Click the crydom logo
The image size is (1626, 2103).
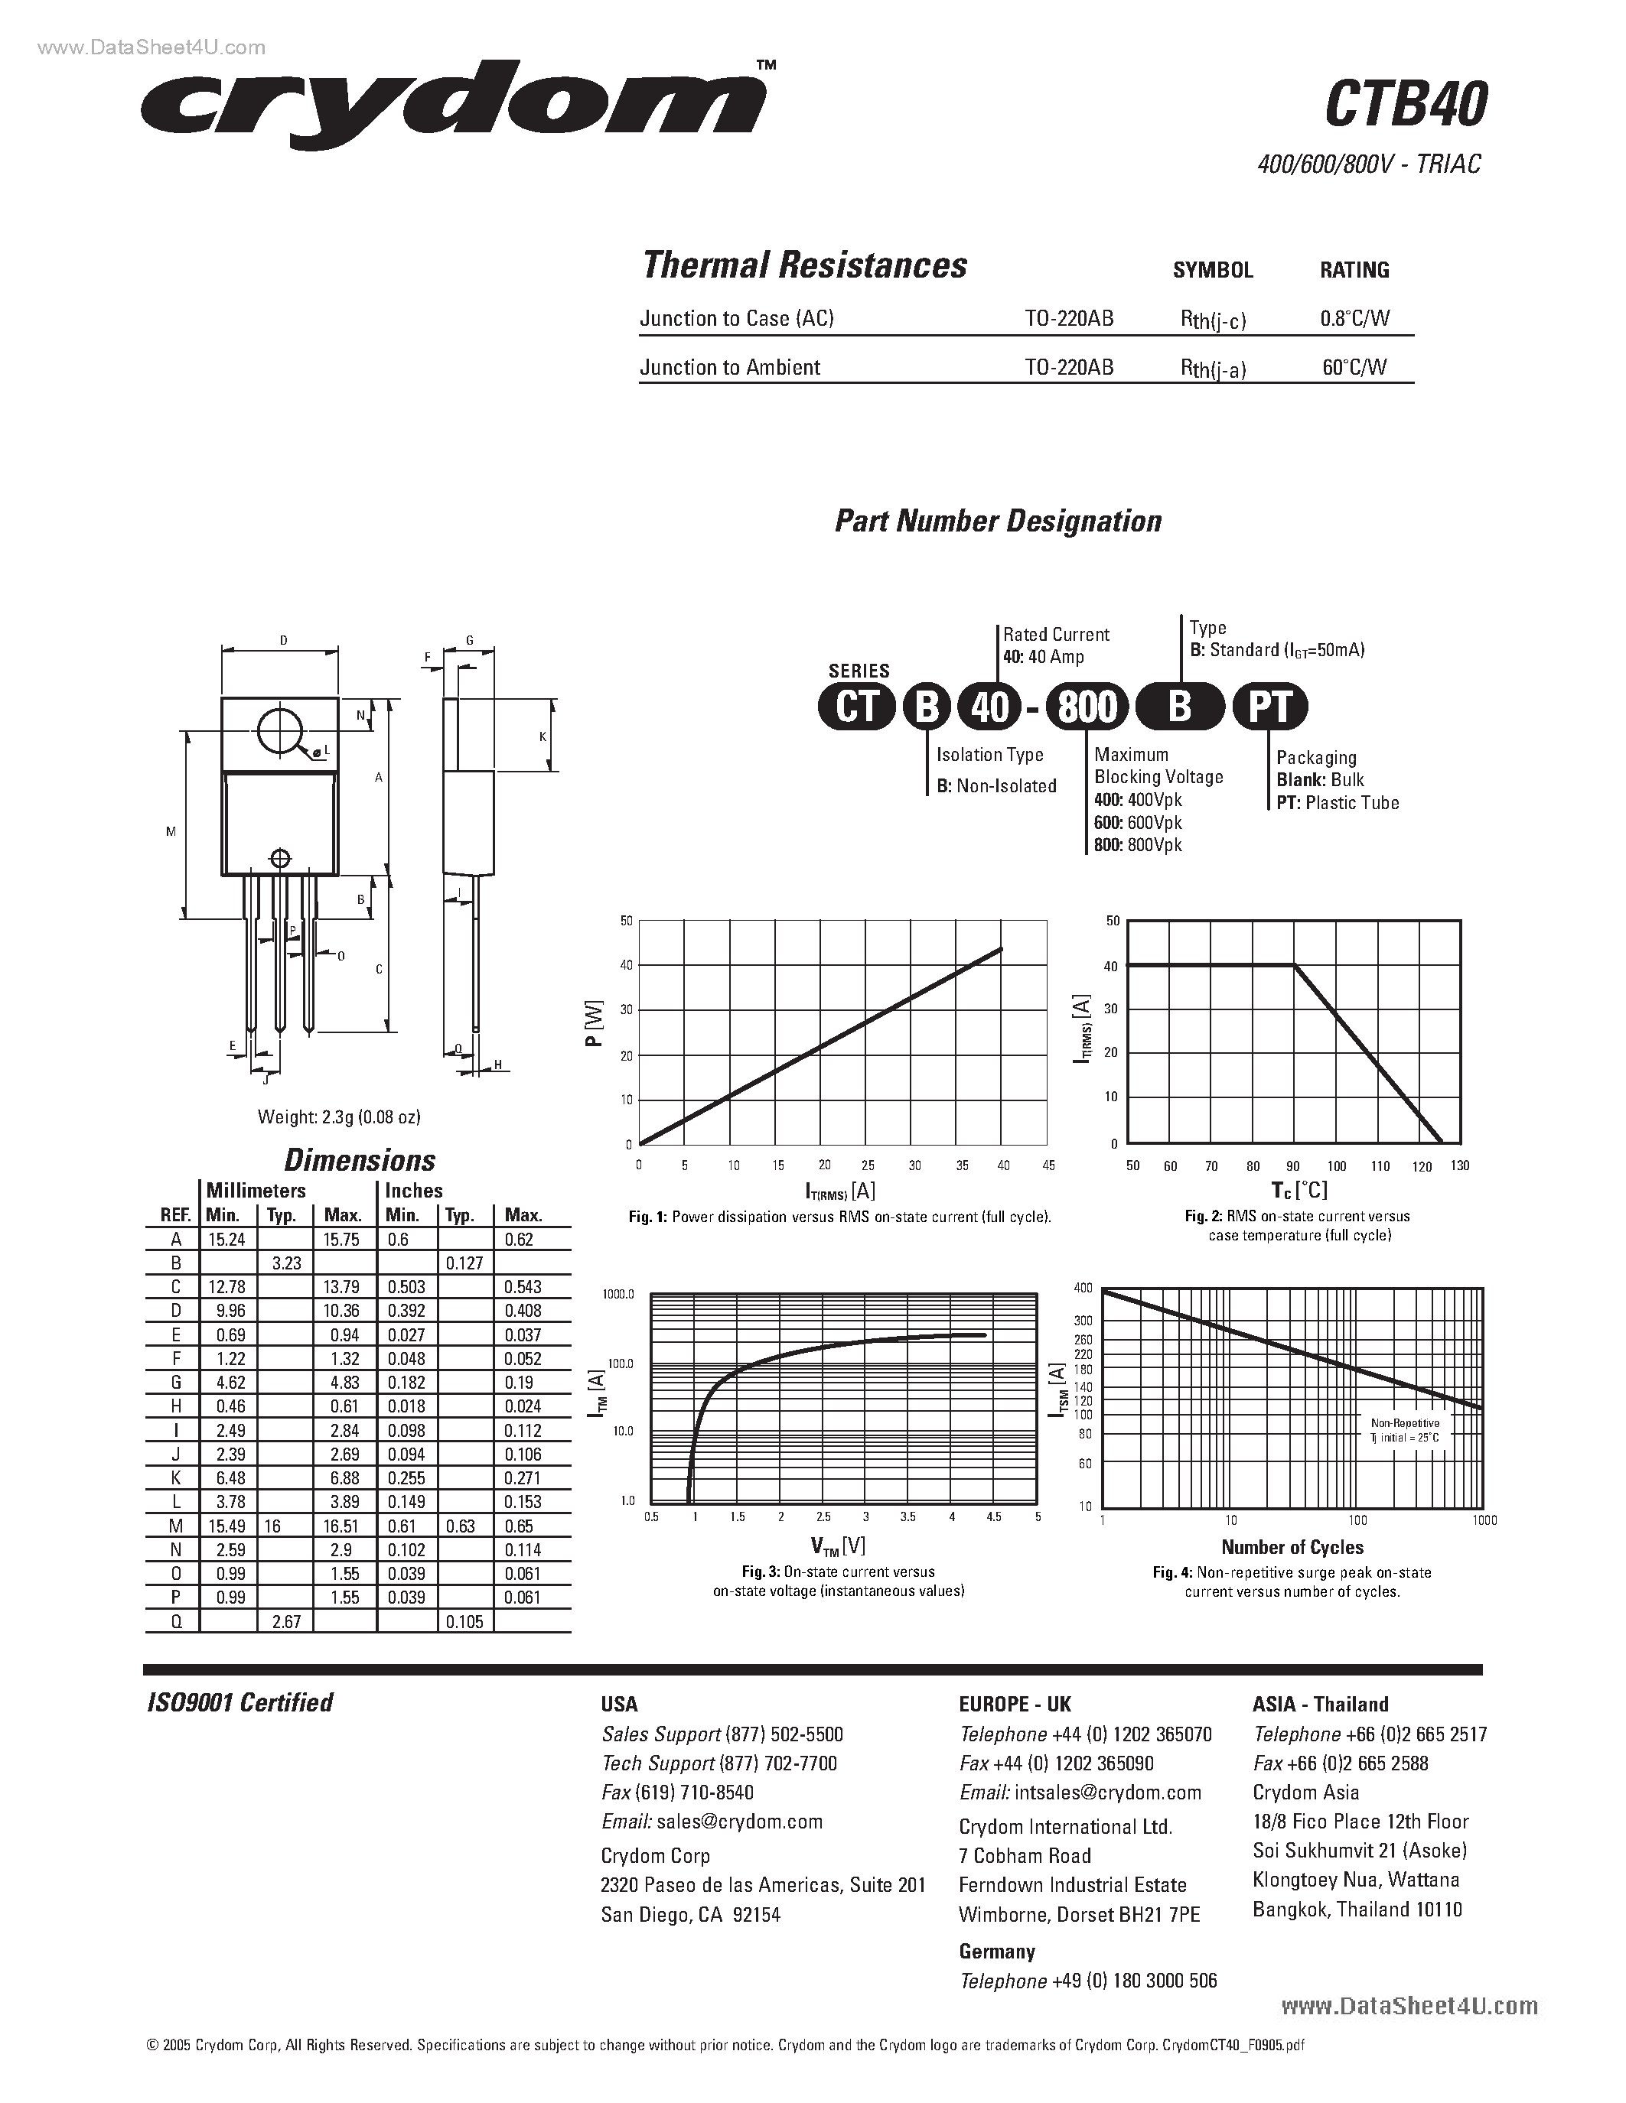[453, 104]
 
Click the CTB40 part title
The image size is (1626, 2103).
[1406, 104]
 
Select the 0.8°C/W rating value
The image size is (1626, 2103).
[1354, 319]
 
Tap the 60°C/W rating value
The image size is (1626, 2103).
[1354, 367]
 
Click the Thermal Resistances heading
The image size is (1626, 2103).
[804, 265]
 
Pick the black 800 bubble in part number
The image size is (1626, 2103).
[1087, 707]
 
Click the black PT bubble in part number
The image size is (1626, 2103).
[1269, 707]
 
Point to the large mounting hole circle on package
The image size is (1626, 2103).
[280, 731]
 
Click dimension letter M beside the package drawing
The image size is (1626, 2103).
[171, 831]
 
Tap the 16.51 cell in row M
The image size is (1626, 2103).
[342, 1526]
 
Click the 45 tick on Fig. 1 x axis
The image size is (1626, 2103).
[1048, 1165]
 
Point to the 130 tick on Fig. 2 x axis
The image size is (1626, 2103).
[1459, 1166]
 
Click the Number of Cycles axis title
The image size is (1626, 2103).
[1292, 1547]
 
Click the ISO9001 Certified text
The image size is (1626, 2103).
[239, 1703]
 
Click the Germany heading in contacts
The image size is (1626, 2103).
[996, 1952]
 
